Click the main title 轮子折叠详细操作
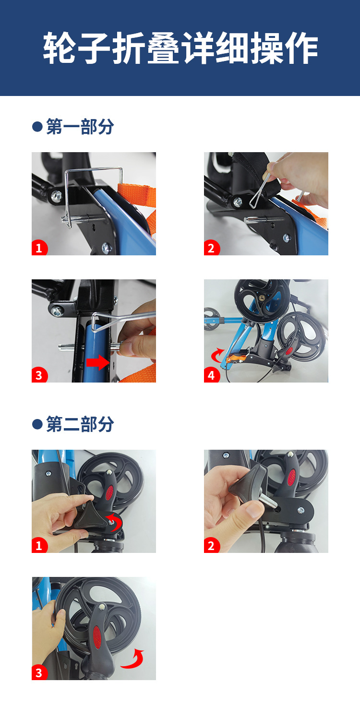(x=180, y=48)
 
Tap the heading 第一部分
(x=80, y=126)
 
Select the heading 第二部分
(x=80, y=424)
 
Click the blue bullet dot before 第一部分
(x=37, y=126)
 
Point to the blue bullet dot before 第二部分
(x=37, y=424)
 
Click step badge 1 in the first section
(x=39, y=248)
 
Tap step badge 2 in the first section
(x=212, y=248)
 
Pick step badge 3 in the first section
(x=39, y=375)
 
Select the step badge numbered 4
(x=212, y=375)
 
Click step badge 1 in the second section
(x=39, y=545)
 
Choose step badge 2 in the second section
(x=212, y=545)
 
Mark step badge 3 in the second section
(x=39, y=672)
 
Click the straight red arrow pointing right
(x=98, y=362)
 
